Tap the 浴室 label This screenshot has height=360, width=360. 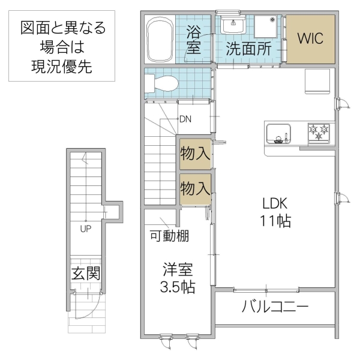coord(193,39)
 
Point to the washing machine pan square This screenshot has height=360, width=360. coord(267,28)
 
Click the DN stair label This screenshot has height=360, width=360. coord(185,119)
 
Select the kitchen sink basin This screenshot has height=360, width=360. coord(278,133)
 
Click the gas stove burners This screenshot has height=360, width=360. coord(320,131)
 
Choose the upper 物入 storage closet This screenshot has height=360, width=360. coord(195,154)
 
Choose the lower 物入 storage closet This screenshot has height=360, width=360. coord(195,188)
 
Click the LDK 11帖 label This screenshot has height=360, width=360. coord(275,212)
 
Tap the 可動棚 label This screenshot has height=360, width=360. coord(169,236)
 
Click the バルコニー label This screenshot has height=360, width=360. coord(275,308)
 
